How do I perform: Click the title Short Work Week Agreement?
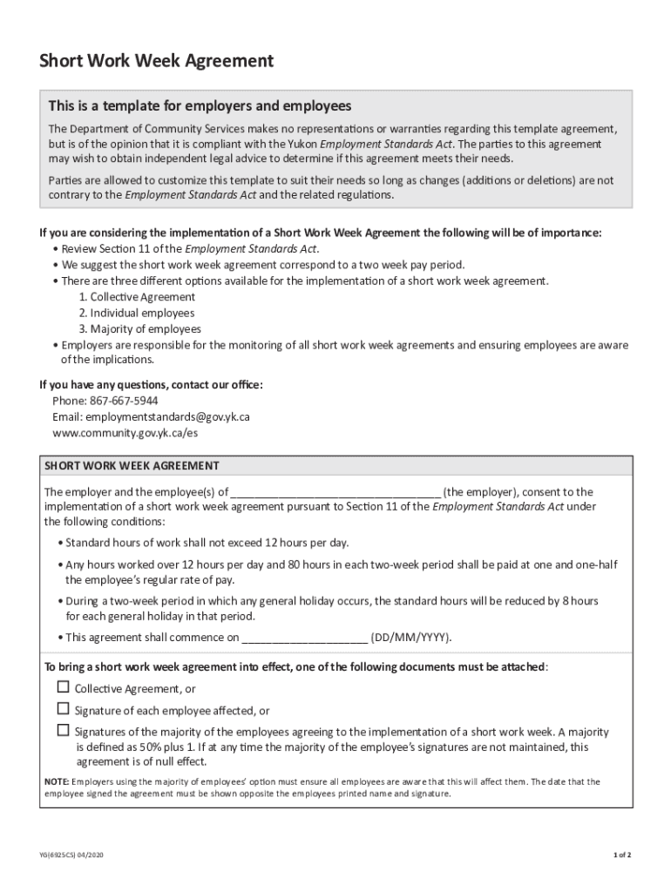click(156, 61)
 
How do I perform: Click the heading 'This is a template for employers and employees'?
click(200, 106)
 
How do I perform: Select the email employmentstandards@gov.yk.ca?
click(151, 416)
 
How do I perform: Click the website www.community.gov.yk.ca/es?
click(119, 432)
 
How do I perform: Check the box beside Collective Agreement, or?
click(63, 688)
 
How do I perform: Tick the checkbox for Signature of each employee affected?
click(63, 709)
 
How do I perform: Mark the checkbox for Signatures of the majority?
click(63, 730)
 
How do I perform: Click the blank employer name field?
click(335, 493)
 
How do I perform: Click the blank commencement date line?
click(304, 638)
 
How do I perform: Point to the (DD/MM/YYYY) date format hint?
click(410, 637)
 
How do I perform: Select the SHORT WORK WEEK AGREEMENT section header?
click(132, 465)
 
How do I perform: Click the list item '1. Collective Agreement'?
click(137, 297)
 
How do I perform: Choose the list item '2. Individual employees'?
click(136, 313)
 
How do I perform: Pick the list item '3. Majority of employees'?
click(139, 328)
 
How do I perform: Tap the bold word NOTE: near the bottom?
click(57, 781)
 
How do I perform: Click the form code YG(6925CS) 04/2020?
click(76, 855)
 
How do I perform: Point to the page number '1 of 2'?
click(621, 855)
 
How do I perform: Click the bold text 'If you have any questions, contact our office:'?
click(151, 384)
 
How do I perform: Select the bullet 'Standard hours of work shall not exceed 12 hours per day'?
click(207, 543)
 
